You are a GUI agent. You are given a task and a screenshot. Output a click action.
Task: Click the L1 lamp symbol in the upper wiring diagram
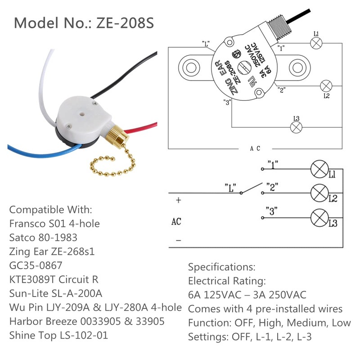click(316, 44)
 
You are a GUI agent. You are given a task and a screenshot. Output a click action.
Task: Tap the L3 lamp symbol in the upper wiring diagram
click(296, 128)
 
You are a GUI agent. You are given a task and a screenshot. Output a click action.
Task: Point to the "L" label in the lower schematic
click(230, 185)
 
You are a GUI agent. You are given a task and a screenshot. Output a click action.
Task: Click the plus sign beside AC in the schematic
click(178, 200)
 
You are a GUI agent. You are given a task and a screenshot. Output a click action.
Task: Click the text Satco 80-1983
click(43, 237)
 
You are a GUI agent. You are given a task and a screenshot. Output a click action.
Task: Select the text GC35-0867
click(36, 265)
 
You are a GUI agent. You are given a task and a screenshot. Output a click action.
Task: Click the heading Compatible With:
click(50, 210)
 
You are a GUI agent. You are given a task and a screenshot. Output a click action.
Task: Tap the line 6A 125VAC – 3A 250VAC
click(247, 295)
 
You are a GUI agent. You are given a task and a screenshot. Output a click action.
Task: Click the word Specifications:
click(221, 267)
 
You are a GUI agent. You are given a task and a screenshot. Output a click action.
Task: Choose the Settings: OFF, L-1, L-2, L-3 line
click(260, 337)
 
